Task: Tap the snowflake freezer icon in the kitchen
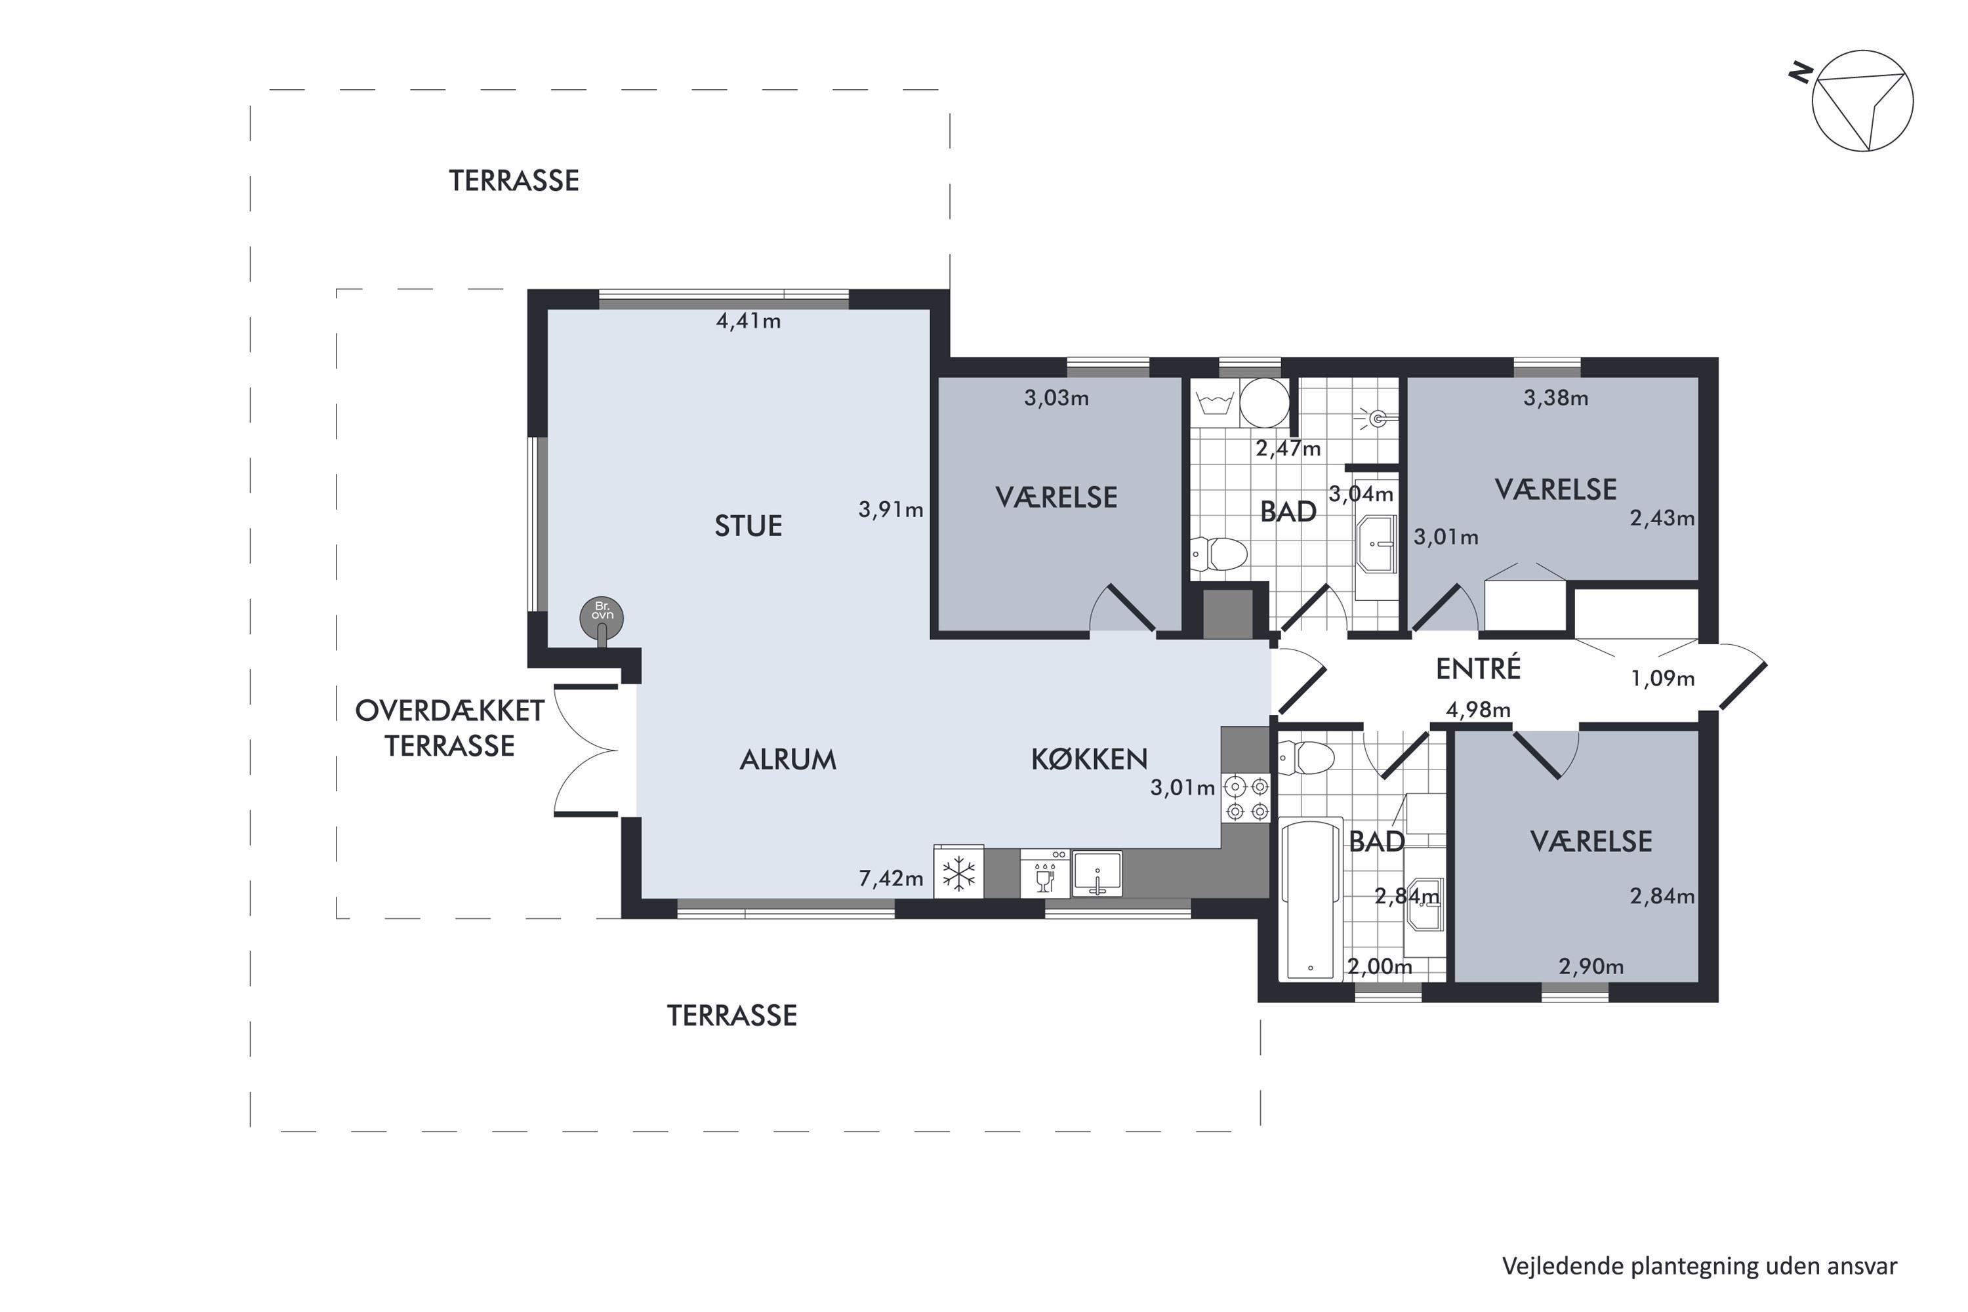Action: pos(959,874)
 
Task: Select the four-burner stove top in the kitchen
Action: pos(1246,799)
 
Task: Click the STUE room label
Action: pos(748,525)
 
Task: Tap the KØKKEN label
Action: pos(1088,758)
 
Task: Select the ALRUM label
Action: pos(787,759)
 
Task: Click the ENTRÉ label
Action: pos(1478,668)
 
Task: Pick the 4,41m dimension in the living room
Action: pos(748,321)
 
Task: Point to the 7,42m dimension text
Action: pos(891,878)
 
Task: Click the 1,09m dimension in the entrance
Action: pos(1662,678)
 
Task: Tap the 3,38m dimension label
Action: pos(1555,398)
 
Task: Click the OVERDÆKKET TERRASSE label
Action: pos(450,727)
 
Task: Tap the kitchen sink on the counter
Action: pos(1097,874)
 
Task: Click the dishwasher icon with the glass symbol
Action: pos(1045,874)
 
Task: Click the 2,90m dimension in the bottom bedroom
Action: pos(1591,966)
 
